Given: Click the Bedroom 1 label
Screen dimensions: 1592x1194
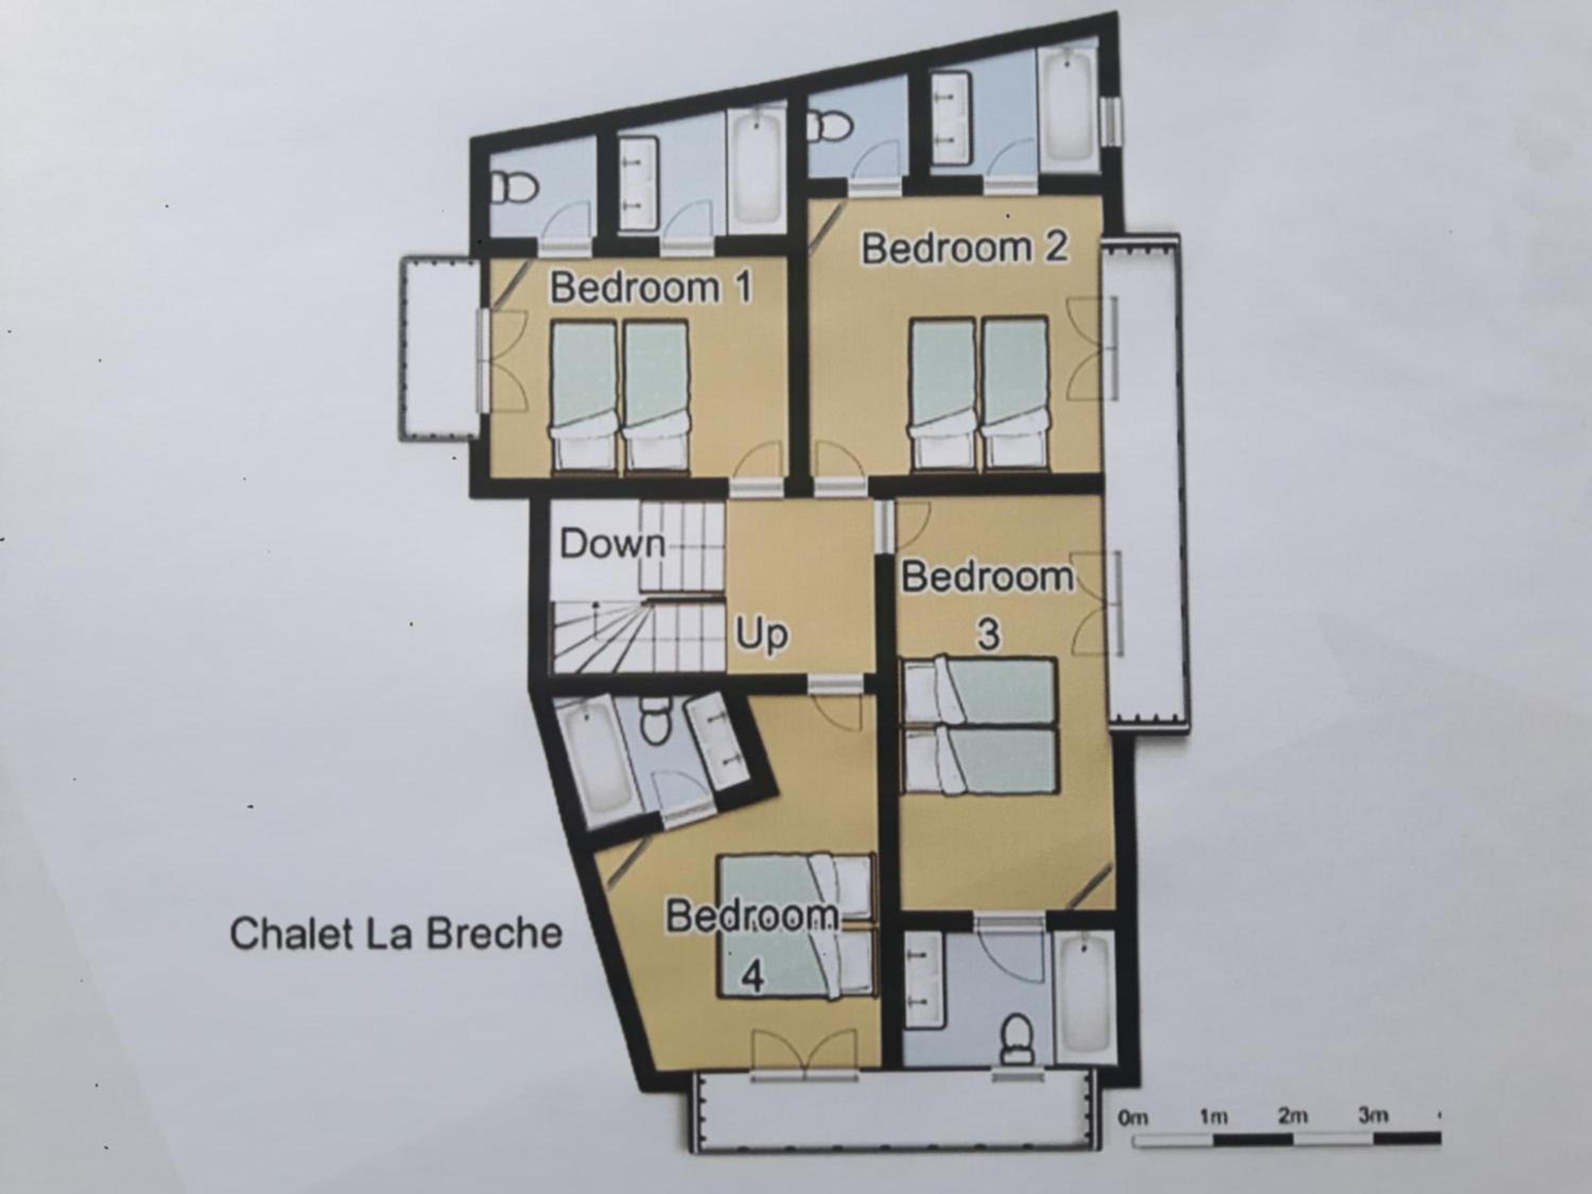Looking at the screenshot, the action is tap(651, 288).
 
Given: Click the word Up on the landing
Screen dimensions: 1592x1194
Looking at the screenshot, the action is tap(762, 635).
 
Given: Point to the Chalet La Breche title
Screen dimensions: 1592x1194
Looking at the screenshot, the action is tap(396, 933).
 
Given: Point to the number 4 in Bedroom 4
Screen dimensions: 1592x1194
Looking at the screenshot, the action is tap(752, 976).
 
